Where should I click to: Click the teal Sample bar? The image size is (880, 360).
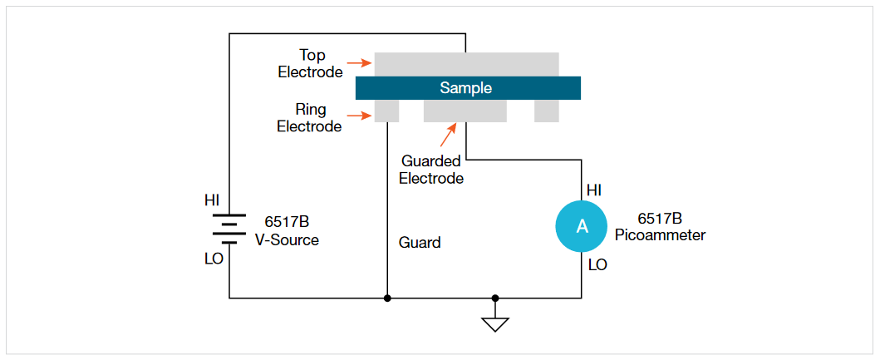(x=468, y=88)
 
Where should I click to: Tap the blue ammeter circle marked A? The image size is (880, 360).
(x=582, y=226)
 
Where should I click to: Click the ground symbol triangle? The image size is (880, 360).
(x=495, y=323)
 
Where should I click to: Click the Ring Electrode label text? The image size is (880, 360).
(x=309, y=118)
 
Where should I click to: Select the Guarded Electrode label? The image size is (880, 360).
(x=431, y=170)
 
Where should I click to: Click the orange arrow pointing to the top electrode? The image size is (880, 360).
(x=358, y=62)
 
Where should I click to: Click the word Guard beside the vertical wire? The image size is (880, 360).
(x=420, y=243)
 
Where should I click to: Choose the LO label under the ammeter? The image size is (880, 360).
(x=597, y=265)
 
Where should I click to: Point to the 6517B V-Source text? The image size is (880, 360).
(x=287, y=231)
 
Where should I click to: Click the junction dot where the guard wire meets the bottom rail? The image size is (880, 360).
(x=388, y=298)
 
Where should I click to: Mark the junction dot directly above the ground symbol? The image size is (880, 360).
(x=495, y=298)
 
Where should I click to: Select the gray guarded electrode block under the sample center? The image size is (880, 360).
(x=465, y=111)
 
